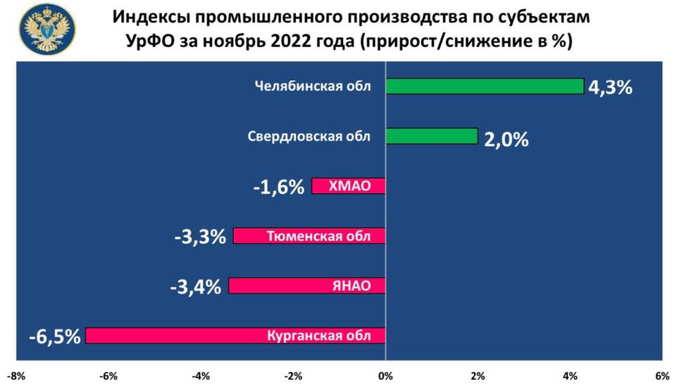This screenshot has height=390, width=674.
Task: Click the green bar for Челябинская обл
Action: (485, 87)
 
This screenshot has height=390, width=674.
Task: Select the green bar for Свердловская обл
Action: (431, 137)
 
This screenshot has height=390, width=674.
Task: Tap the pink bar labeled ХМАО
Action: (349, 186)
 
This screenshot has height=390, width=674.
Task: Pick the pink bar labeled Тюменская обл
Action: (309, 237)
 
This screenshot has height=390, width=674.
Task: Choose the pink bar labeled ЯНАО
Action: (307, 286)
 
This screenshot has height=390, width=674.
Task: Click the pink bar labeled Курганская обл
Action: (235, 336)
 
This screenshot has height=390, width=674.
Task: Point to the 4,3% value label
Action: (610, 89)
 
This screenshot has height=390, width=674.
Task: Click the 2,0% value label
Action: (506, 139)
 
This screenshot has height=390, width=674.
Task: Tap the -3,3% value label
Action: (200, 237)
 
